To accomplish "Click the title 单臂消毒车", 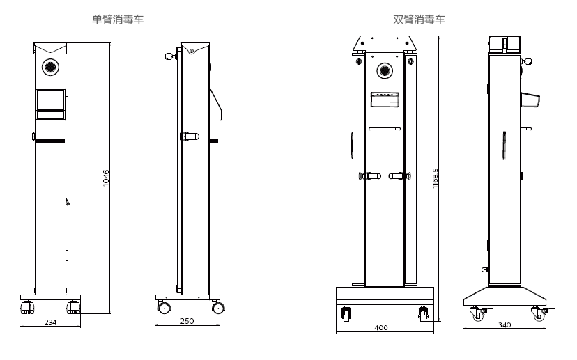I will click(118, 19).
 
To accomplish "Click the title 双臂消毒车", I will click(419, 19).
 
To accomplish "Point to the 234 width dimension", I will click(50, 322).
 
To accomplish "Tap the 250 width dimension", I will click(187, 322).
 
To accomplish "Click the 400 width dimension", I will click(381, 327).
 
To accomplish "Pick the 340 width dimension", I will click(505, 325).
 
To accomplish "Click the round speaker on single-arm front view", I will click(50, 66).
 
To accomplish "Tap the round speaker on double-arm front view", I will click(385, 70).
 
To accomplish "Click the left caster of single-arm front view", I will click(28, 306).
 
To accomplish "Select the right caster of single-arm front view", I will click(72, 306).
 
